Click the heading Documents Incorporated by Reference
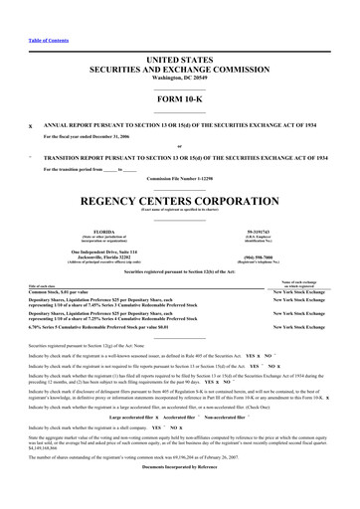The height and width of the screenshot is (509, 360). (180, 465)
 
